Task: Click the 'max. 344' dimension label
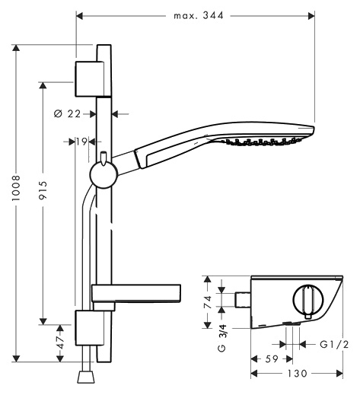click(x=198, y=15)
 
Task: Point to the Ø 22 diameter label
click(x=67, y=113)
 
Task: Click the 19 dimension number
click(x=81, y=142)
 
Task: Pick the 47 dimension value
click(x=60, y=342)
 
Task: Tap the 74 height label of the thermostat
click(x=208, y=302)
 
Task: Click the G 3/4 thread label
click(x=222, y=338)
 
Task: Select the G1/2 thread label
click(x=334, y=344)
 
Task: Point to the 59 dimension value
click(x=272, y=358)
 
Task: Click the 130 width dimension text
click(x=297, y=373)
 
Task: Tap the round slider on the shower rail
click(x=104, y=175)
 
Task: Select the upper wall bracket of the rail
click(x=93, y=79)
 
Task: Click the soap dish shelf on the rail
click(x=136, y=294)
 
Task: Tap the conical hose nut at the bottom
click(x=86, y=377)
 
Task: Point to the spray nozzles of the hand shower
click(x=261, y=142)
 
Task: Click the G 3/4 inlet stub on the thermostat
click(x=243, y=300)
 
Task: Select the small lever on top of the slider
click(x=104, y=158)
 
